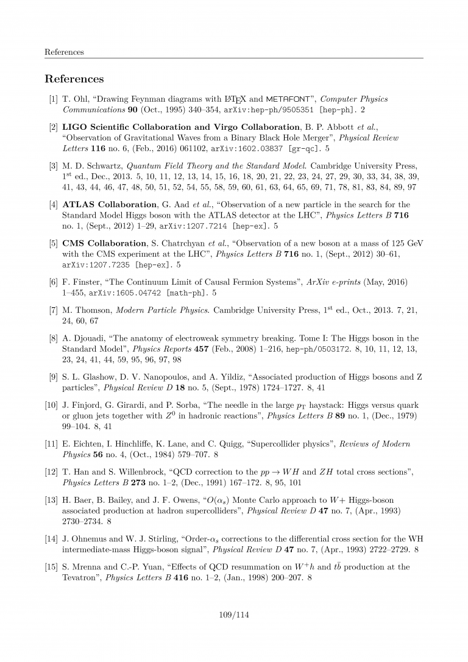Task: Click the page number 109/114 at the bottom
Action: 234,614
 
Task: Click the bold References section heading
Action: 74,79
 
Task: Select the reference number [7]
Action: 54,310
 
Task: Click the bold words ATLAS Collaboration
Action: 110,205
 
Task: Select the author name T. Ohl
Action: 76,99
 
